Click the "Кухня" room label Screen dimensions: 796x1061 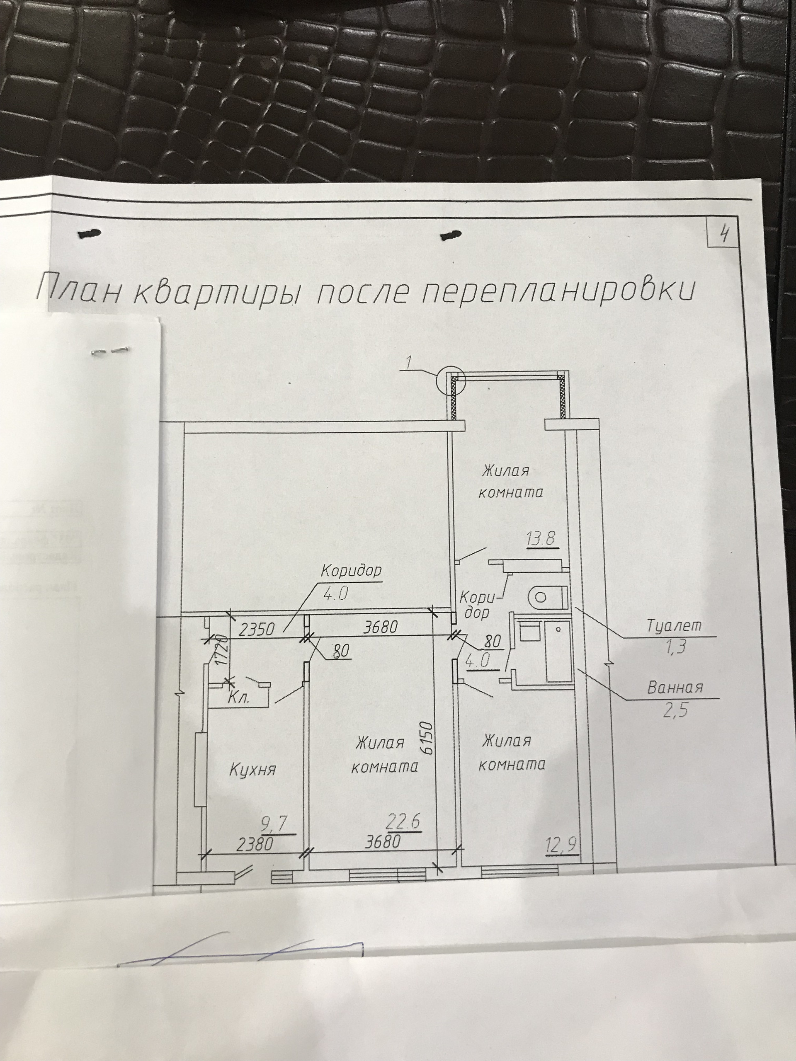[252, 770]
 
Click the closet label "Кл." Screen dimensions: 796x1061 [238, 698]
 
